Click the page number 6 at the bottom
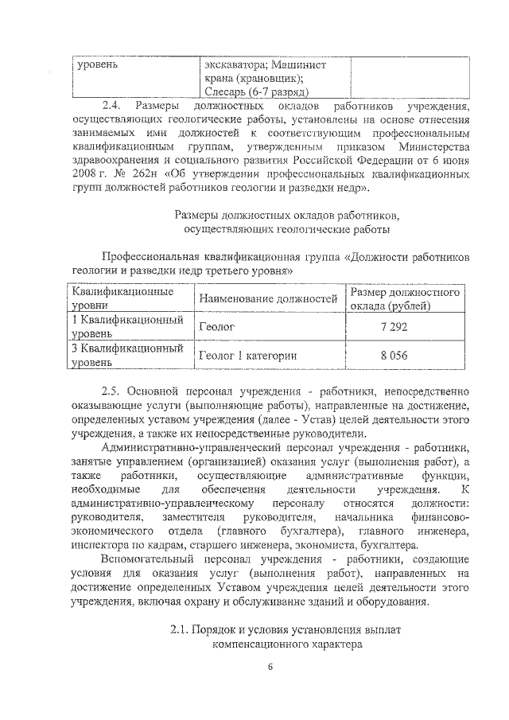[x=270, y=667]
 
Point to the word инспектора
[x=102, y=545]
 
